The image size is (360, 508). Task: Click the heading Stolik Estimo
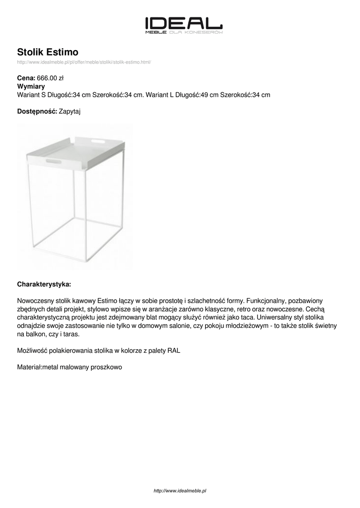tap(48, 52)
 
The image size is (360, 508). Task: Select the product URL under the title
tap(84, 62)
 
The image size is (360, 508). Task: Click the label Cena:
tap(26, 78)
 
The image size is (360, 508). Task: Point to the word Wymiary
tap(31, 86)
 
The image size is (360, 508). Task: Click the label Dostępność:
tap(37, 112)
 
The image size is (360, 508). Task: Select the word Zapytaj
tap(70, 112)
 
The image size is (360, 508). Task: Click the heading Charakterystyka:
tap(44, 284)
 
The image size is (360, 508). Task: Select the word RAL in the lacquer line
tap(174, 350)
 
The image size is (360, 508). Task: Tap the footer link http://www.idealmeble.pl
tap(180, 491)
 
